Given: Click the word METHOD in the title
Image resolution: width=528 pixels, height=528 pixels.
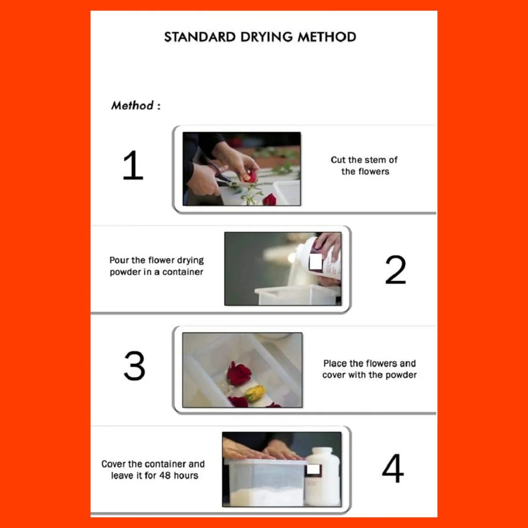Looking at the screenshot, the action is tap(327, 37).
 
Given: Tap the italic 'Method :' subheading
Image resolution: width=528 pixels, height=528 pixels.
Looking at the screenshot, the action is tap(136, 106).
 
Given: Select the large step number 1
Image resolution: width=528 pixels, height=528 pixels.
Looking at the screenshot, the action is tap(133, 165).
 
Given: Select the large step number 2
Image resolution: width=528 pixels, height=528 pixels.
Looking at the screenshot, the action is tap(396, 270).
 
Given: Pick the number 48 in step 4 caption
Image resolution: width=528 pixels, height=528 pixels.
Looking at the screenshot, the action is tap(165, 475).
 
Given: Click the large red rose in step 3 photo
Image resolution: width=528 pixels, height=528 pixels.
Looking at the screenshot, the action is tap(239, 373).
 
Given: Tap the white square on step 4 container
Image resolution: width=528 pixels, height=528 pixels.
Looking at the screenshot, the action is tap(313, 469).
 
